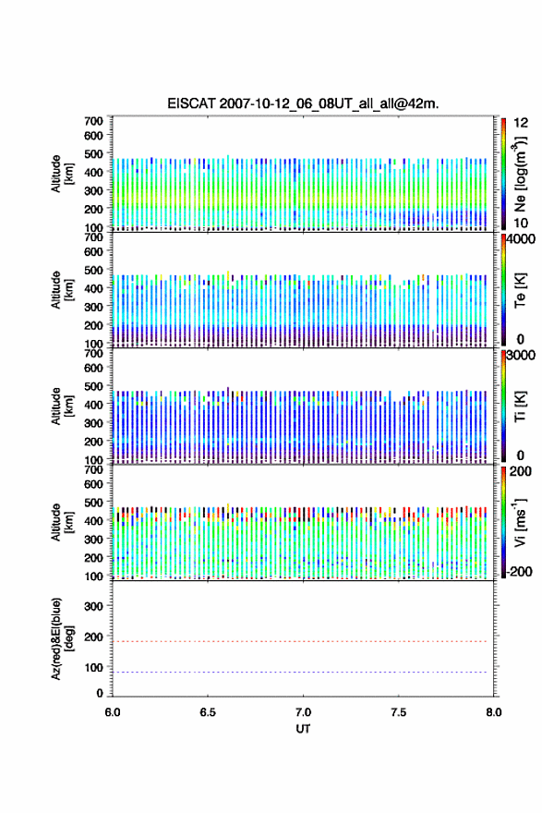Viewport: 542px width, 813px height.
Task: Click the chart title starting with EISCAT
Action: [303, 103]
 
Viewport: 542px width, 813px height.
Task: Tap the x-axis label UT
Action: [303, 729]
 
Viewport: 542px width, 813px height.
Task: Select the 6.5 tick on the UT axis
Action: [208, 712]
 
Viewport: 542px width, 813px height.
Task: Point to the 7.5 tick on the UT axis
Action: [398, 712]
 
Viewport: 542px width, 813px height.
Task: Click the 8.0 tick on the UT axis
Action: [493, 712]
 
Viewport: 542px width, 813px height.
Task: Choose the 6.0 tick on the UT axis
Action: [113, 712]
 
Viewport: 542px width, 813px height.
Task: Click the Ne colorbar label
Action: [520, 175]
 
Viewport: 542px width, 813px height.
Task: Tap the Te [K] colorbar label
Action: [520, 290]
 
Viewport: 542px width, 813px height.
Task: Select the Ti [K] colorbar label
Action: [520, 406]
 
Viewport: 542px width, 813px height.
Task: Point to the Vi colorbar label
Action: [520, 522]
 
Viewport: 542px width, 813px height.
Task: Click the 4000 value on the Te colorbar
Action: [521, 239]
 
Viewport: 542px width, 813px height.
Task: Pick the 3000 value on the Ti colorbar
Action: [521, 355]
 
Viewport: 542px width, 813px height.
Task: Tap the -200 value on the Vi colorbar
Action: [519, 571]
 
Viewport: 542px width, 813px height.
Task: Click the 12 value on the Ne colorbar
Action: [521, 123]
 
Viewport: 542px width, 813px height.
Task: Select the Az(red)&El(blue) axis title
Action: [62, 638]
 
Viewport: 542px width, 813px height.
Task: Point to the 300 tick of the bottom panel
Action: [93, 606]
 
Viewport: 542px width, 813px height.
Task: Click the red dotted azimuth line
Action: [299, 641]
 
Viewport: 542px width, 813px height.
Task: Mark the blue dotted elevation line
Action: [299, 672]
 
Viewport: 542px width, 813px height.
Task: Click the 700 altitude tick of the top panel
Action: [93, 121]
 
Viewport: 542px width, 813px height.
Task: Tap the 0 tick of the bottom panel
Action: [100, 693]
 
